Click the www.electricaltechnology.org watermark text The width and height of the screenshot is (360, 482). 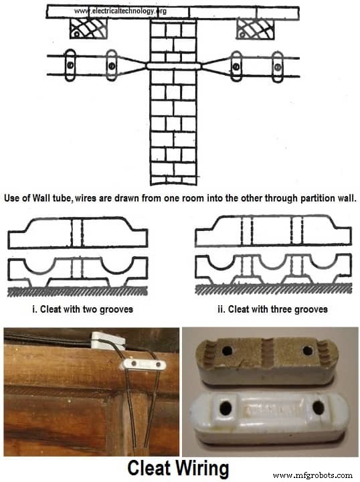tap(120, 11)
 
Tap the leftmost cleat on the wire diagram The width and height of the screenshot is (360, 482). tap(69, 66)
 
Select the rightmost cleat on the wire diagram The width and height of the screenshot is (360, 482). tap(277, 66)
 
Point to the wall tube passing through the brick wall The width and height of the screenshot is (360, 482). tap(173, 66)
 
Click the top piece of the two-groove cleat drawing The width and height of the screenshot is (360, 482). tap(77, 232)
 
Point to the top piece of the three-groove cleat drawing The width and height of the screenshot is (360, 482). tap(273, 232)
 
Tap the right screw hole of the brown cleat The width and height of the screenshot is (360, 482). tap(308, 351)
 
